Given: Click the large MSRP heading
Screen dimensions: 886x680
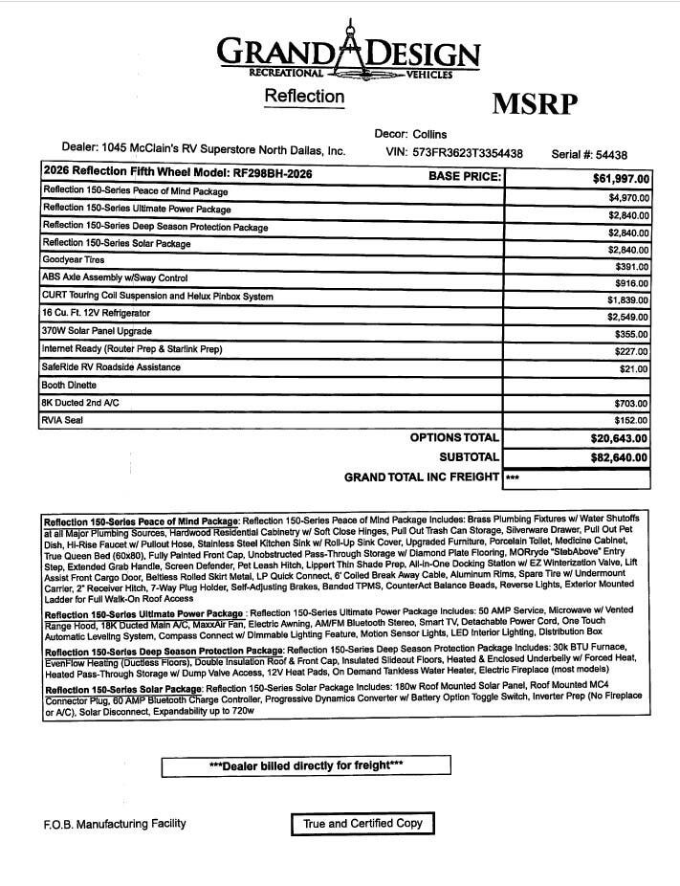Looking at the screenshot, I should click(535, 104).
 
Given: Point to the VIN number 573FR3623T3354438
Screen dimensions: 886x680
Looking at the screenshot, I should click(469, 153).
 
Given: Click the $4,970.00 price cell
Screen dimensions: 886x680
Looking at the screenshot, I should click(628, 198).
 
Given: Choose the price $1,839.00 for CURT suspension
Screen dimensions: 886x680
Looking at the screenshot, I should click(628, 300).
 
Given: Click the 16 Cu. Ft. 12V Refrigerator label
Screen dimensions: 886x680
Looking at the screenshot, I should click(96, 314).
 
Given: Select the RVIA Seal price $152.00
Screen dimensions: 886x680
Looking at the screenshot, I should click(631, 420).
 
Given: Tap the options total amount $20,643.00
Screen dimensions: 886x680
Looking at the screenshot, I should click(619, 438).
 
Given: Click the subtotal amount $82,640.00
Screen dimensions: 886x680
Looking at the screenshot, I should click(619, 457).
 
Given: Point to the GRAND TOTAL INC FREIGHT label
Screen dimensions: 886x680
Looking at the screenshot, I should click(421, 476).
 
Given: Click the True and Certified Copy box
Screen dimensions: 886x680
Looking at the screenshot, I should click(362, 824).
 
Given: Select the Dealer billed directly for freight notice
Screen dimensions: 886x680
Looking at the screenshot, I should click(305, 766).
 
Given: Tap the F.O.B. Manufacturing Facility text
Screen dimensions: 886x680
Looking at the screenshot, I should click(114, 824).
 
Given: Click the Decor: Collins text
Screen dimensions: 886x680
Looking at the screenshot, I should click(410, 134).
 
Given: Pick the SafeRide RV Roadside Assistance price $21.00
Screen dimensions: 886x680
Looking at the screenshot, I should click(633, 368).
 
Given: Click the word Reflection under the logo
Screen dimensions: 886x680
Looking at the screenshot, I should click(303, 97).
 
